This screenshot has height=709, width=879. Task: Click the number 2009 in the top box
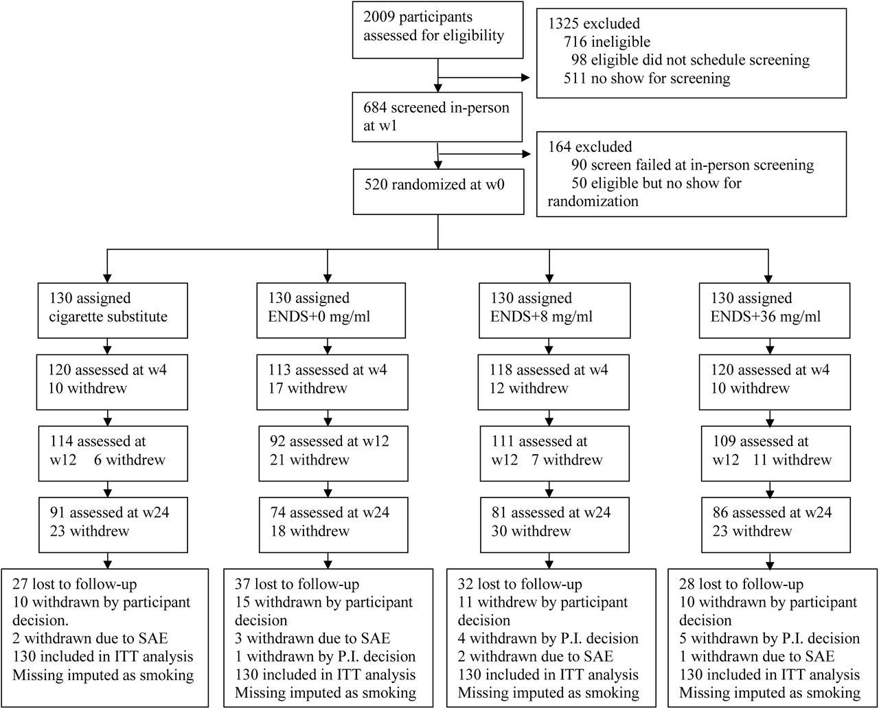point(379,16)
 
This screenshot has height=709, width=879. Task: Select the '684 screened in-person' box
point(437,117)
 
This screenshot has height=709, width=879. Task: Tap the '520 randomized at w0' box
point(438,192)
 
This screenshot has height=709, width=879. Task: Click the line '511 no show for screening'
point(647,78)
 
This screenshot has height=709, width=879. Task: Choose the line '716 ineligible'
point(607,42)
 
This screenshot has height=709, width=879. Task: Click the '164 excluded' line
point(590,147)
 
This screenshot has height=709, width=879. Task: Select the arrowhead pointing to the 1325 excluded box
point(525,77)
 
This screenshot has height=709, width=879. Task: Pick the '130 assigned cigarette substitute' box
point(113,311)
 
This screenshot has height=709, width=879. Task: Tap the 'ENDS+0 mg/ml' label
point(319,317)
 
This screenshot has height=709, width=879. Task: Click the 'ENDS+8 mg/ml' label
point(541,317)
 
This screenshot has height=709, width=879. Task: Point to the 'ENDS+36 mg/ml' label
point(766,317)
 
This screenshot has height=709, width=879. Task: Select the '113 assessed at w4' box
point(332,382)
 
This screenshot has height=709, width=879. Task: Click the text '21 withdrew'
point(309,460)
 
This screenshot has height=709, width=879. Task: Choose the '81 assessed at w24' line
point(551,513)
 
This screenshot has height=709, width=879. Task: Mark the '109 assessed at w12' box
point(776,453)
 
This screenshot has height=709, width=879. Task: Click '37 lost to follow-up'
point(297,584)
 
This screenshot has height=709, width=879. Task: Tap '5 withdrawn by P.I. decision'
point(770,638)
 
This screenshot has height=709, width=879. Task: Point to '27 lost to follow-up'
point(75,584)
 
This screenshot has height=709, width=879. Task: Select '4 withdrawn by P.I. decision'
point(548,638)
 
